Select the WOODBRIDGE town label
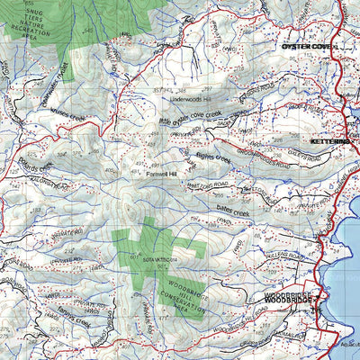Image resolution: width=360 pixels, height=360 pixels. coord(288,297)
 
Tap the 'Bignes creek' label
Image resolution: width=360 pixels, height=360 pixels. coord(212,159)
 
